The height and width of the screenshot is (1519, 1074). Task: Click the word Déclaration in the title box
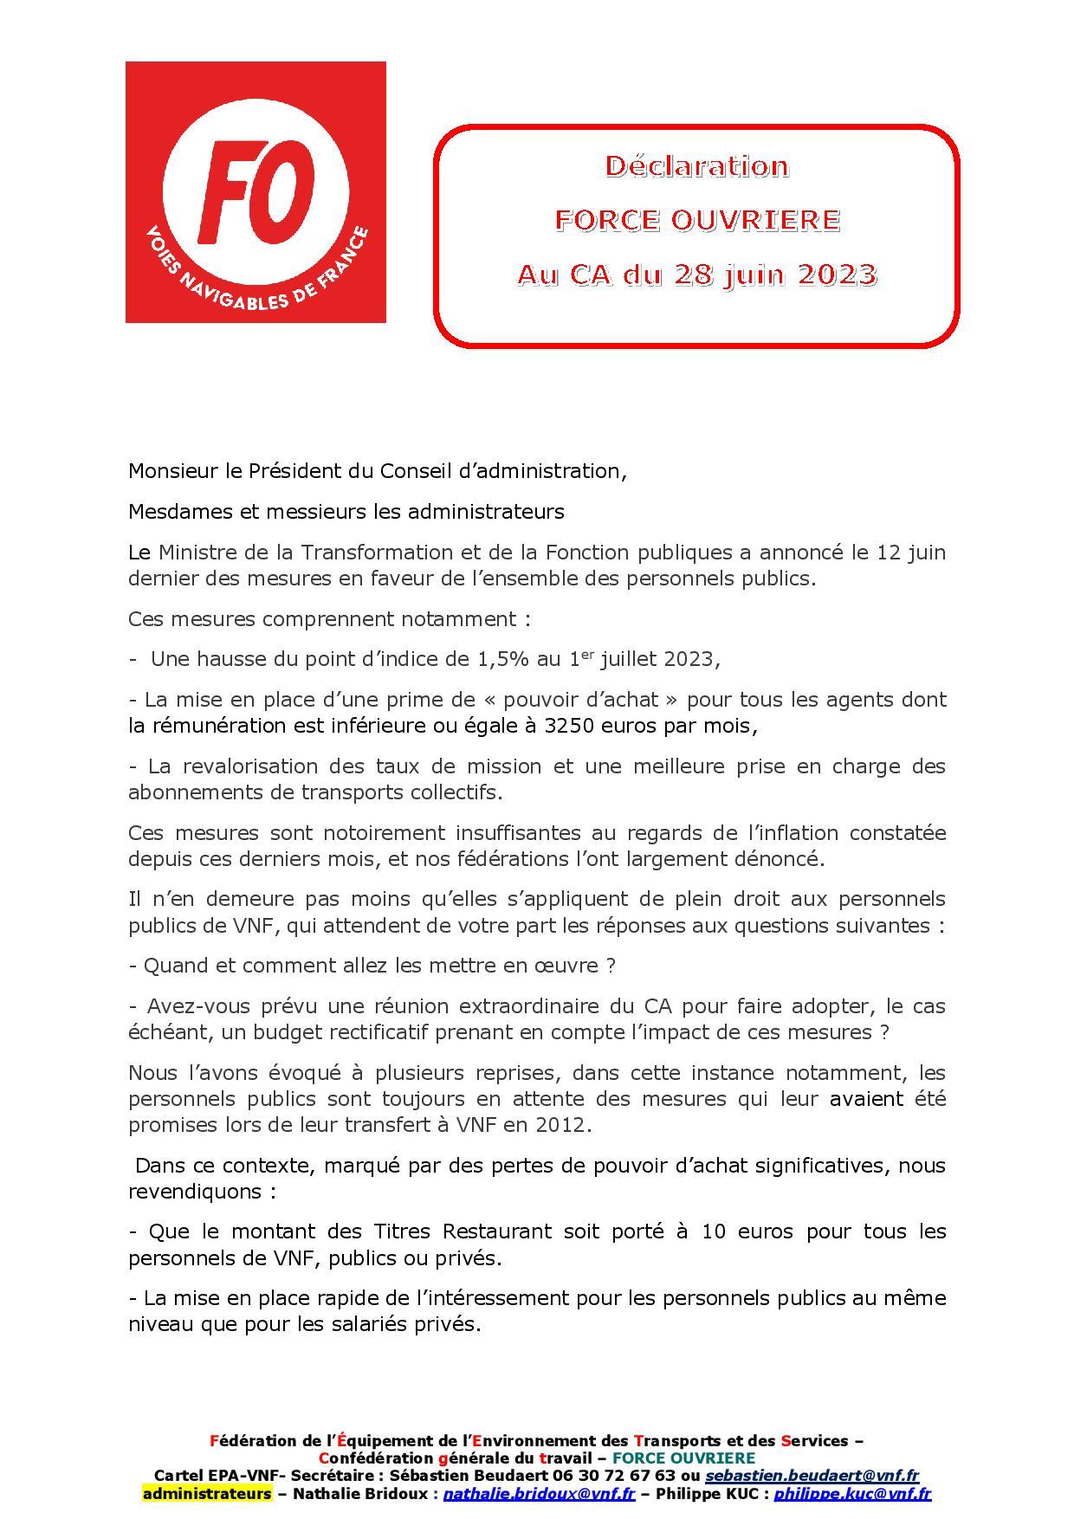pyautogui.click(x=696, y=165)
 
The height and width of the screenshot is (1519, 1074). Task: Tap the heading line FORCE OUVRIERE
pyautogui.click(x=696, y=220)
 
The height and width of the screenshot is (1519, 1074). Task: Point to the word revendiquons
pyautogui.click(x=193, y=1192)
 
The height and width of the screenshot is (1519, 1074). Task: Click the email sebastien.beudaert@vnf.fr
pyautogui.click(x=812, y=1476)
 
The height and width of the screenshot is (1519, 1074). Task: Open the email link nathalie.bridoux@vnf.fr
pyautogui.click(x=540, y=1494)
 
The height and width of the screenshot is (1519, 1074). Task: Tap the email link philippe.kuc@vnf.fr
pyautogui.click(x=852, y=1494)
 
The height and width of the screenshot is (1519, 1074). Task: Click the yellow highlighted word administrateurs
pyautogui.click(x=207, y=1494)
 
